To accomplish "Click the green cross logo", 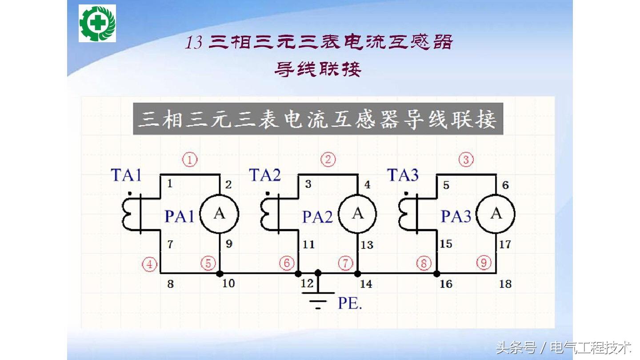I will click(x=97, y=23).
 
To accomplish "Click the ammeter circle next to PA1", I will click(x=220, y=214).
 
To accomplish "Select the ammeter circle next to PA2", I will click(x=358, y=214).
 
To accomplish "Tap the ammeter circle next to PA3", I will click(x=496, y=214).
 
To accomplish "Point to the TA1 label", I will click(x=126, y=175).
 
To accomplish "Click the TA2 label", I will click(x=265, y=175).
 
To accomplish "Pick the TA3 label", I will click(x=403, y=175).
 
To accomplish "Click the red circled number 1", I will click(x=190, y=160).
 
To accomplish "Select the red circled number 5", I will click(x=208, y=264).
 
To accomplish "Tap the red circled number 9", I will click(x=484, y=263).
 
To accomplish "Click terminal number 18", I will click(x=505, y=284).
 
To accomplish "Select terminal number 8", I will click(x=170, y=284).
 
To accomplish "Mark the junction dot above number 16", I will click(x=437, y=273).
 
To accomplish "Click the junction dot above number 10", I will click(x=220, y=273).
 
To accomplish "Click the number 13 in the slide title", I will click(x=194, y=43).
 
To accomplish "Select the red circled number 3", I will click(x=466, y=160).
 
